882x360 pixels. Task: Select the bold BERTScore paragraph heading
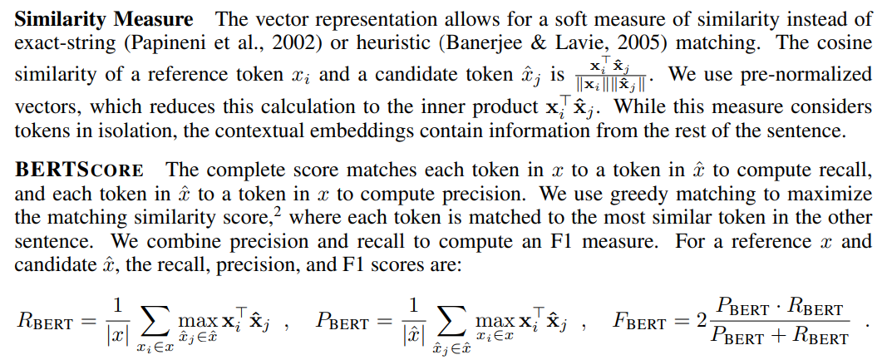tap(80, 170)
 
